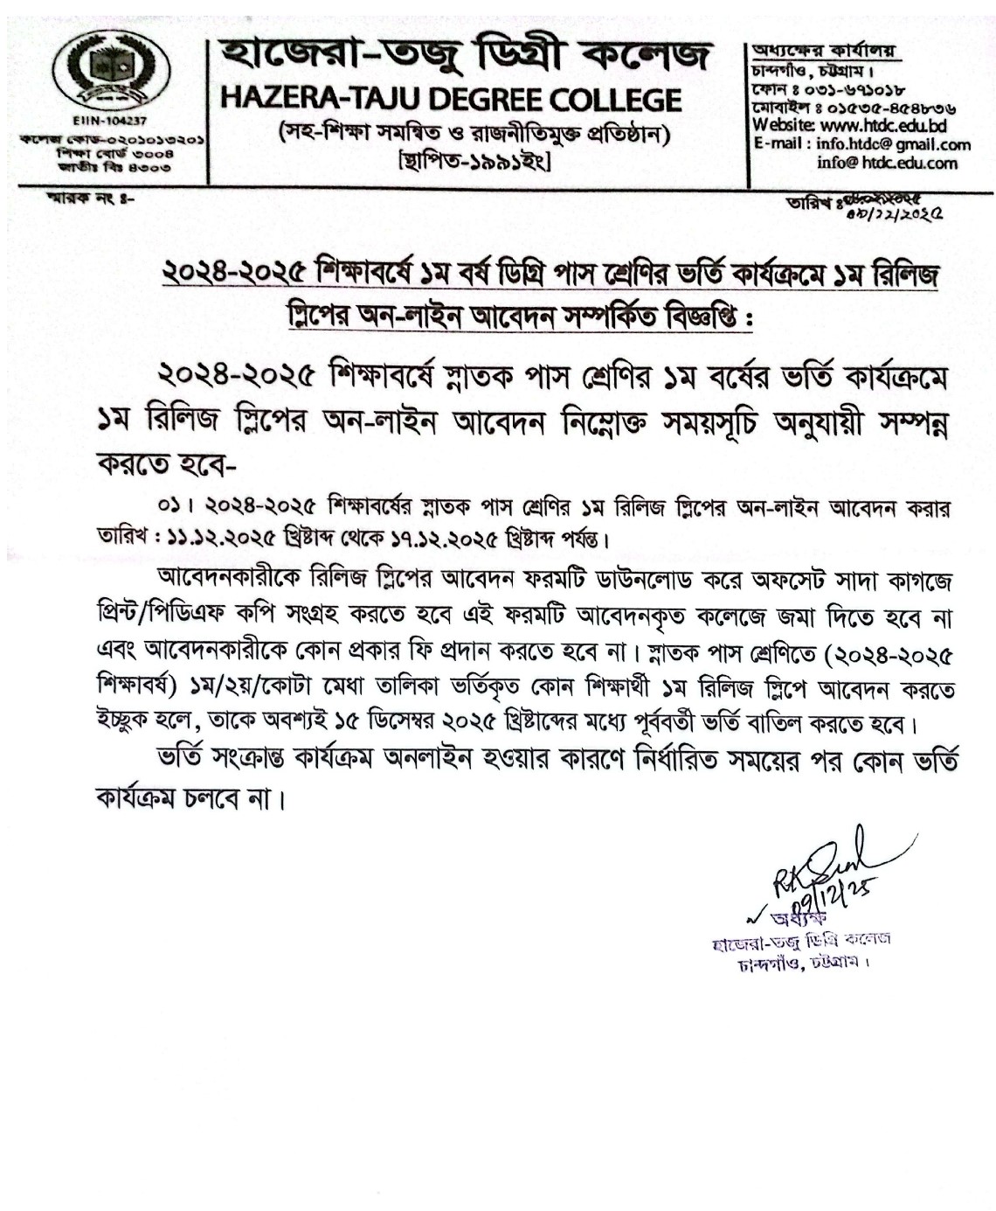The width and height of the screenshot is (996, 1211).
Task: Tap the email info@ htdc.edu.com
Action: coord(887,163)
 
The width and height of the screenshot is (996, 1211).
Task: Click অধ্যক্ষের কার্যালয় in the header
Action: coord(813,51)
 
